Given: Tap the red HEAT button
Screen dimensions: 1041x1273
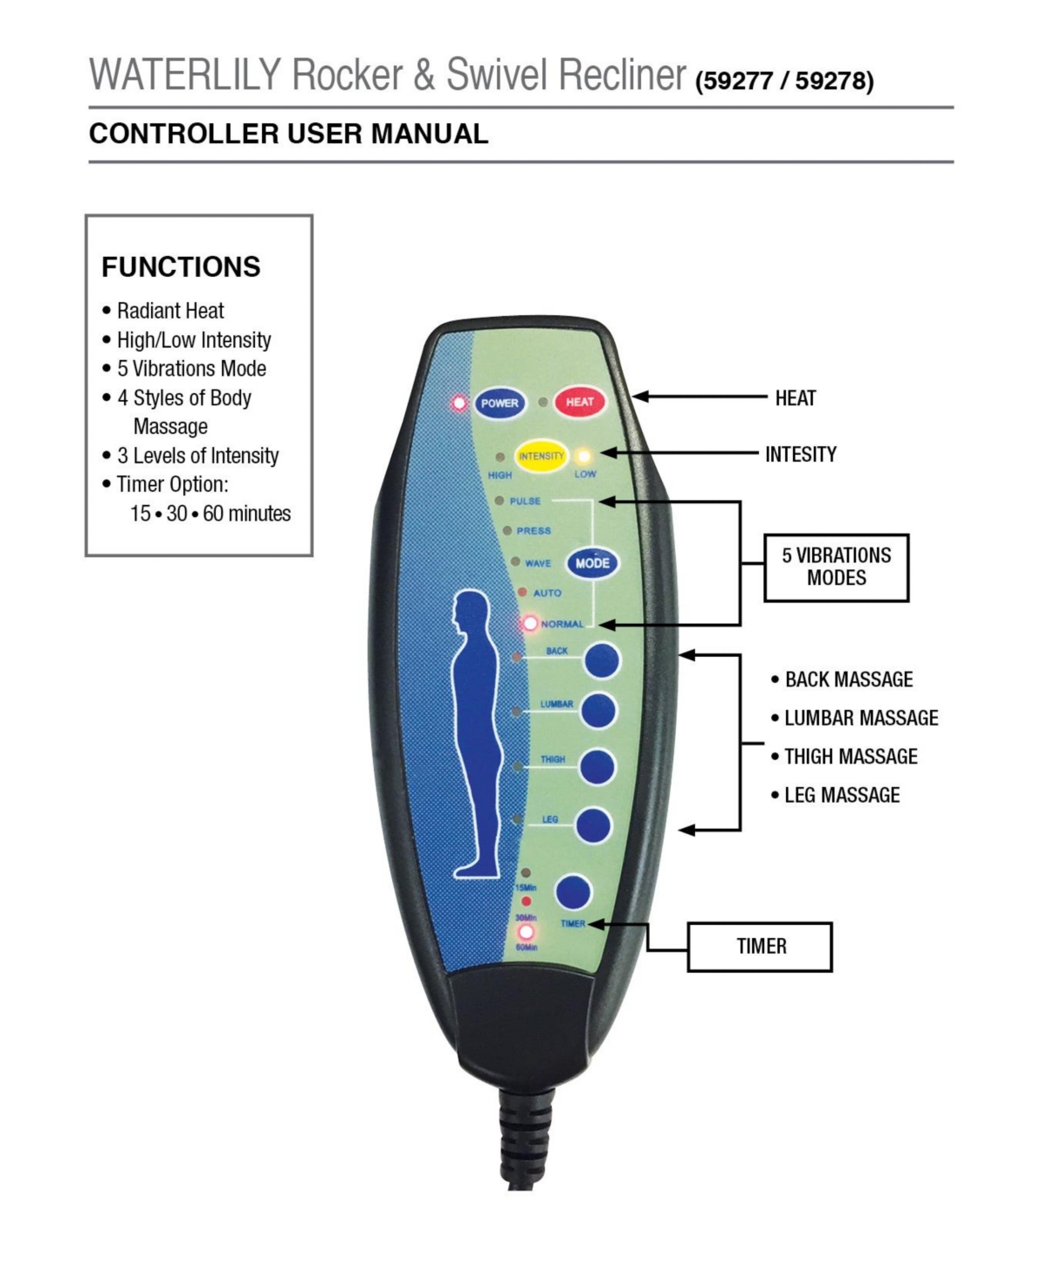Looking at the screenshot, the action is pyautogui.click(x=579, y=402).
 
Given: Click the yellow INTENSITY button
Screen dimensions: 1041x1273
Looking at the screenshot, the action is pyautogui.click(x=540, y=456).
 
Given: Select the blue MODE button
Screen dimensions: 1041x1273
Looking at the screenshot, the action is pyautogui.click(x=592, y=563).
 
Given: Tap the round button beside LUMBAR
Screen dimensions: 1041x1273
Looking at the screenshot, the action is pyautogui.click(x=599, y=711).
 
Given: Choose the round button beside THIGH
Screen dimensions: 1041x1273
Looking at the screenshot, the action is pyautogui.click(x=598, y=767).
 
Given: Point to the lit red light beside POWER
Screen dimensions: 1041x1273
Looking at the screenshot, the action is pyautogui.click(x=459, y=403).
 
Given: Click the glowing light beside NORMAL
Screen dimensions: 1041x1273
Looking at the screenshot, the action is pyautogui.click(x=530, y=623).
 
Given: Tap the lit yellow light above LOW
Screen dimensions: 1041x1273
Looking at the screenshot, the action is pyautogui.click(x=584, y=456).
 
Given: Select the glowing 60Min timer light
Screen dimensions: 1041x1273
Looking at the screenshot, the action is pyautogui.click(x=527, y=933).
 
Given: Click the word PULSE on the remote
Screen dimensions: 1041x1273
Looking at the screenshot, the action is pyautogui.click(x=525, y=501).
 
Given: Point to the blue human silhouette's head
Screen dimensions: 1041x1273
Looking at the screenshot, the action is pyautogui.click(x=471, y=611).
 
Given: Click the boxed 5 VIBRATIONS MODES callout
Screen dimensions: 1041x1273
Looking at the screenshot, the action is pyautogui.click(x=836, y=568).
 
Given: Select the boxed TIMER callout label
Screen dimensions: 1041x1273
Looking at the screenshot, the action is pyautogui.click(x=760, y=947).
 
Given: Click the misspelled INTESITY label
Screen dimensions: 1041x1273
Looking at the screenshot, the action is pyautogui.click(x=801, y=454).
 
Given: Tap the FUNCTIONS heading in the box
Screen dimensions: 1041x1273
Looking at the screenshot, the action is pyautogui.click(x=181, y=266).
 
